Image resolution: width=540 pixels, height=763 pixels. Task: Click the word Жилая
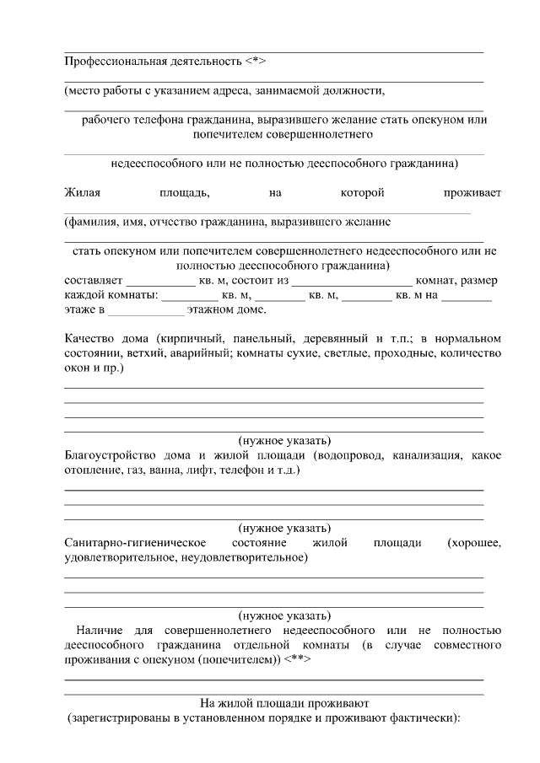tap(82, 193)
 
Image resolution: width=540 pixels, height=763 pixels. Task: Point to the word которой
tap(362, 193)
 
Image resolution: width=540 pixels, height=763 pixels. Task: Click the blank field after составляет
tap(160, 281)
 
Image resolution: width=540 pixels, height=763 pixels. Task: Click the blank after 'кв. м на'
tap(467, 296)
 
